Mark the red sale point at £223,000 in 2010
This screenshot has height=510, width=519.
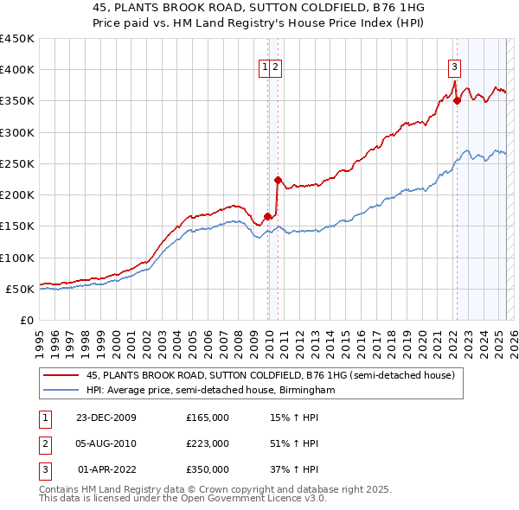click(277, 181)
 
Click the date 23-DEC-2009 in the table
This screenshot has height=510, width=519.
click(106, 418)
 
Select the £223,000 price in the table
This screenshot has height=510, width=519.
click(208, 443)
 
